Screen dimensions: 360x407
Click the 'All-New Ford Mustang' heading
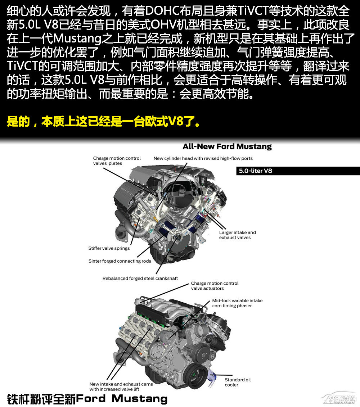click(227, 147)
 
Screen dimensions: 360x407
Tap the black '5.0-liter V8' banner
click(298, 171)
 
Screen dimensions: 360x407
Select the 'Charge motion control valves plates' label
click(117, 160)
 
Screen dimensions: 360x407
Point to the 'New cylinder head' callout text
click(203, 158)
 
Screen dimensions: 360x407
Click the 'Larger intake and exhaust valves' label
click(237, 235)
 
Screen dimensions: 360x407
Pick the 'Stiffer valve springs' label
click(109, 248)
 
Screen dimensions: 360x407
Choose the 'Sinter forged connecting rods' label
click(120, 261)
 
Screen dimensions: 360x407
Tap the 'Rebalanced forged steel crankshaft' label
click(140, 278)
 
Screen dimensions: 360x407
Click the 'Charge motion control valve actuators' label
click(215, 286)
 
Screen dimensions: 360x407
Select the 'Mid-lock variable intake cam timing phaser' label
click(237, 303)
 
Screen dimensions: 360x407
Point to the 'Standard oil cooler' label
click(237, 382)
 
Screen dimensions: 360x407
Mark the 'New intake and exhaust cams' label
click(121, 386)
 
